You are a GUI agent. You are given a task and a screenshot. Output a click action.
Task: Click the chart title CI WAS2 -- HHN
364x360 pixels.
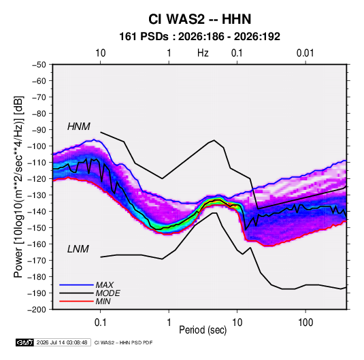click(x=199, y=19)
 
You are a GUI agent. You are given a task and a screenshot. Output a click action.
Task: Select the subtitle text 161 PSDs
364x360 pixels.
click(x=144, y=37)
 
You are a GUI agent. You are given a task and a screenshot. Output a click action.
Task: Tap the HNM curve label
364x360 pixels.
click(x=79, y=127)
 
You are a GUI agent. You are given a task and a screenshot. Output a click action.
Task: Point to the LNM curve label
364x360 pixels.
click(x=78, y=249)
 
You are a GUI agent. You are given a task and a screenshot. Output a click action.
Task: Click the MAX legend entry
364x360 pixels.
click(x=105, y=285)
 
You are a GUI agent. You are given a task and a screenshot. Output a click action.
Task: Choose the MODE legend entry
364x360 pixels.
click(x=107, y=293)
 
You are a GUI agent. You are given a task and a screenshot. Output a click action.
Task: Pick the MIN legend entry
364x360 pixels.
click(x=103, y=301)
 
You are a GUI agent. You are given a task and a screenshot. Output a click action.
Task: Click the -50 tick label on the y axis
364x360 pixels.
click(x=39, y=65)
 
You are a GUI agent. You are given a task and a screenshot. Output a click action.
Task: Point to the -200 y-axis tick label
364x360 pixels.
click(x=37, y=310)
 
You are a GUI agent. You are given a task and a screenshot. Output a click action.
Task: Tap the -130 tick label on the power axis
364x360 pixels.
click(x=37, y=195)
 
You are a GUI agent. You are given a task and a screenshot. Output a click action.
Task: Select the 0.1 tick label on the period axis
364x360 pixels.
click(x=100, y=323)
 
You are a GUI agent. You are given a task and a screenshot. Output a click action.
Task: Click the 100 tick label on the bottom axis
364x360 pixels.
click(x=305, y=323)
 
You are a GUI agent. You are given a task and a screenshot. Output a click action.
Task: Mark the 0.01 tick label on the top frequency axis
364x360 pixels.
click(x=305, y=53)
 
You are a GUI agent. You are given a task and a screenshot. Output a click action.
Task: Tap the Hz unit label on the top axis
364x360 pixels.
click(x=203, y=53)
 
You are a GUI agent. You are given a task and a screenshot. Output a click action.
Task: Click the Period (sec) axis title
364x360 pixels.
click(x=203, y=330)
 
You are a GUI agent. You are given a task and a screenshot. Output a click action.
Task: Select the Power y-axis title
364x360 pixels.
click(x=18, y=187)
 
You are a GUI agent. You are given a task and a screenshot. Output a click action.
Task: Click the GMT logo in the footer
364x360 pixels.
click(x=25, y=342)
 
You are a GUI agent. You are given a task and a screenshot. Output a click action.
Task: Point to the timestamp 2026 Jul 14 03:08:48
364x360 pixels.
click(x=62, y=342)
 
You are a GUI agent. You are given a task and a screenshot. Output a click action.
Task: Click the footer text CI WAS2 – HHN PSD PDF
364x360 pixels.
click(x=123, y=342)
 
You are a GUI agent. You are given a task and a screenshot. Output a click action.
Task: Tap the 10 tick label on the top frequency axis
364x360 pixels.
click(x=101, y=53)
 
